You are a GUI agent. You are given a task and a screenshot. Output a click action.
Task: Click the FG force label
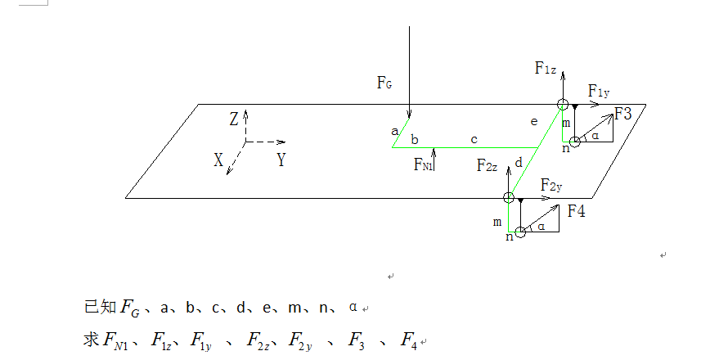tap(385, 83)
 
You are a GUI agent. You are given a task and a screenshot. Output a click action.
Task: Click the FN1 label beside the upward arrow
tap(423, 164)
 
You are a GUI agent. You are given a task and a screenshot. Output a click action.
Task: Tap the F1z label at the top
tap(546, 69)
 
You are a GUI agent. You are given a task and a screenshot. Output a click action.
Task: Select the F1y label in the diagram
tap(598, 91)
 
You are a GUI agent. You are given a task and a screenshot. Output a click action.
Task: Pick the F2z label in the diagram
tap(488, 165)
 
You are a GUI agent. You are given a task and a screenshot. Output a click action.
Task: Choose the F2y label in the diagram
tap(551, 186)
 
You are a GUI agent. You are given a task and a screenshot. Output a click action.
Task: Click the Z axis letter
tap(233, 120)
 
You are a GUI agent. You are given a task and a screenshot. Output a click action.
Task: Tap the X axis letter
tap(218, 161)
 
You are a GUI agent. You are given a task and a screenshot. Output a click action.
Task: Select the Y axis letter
tap(281, 160)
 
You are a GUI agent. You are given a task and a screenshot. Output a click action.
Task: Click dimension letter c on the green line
tap(474, 139)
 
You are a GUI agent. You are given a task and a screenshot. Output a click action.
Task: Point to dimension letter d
tap(518, 163)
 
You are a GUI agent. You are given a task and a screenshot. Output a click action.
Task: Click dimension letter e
tap(533, 122)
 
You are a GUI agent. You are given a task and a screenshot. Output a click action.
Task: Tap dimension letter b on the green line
tap(415, 139)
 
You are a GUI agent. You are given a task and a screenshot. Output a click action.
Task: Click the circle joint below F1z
tap(562, 104)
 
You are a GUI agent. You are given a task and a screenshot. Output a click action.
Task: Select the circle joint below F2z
tap(509, 197)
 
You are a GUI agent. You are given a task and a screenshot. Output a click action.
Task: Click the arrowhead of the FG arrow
tap(409, 115)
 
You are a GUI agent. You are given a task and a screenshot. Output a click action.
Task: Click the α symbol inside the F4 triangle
tap(541, 226)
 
